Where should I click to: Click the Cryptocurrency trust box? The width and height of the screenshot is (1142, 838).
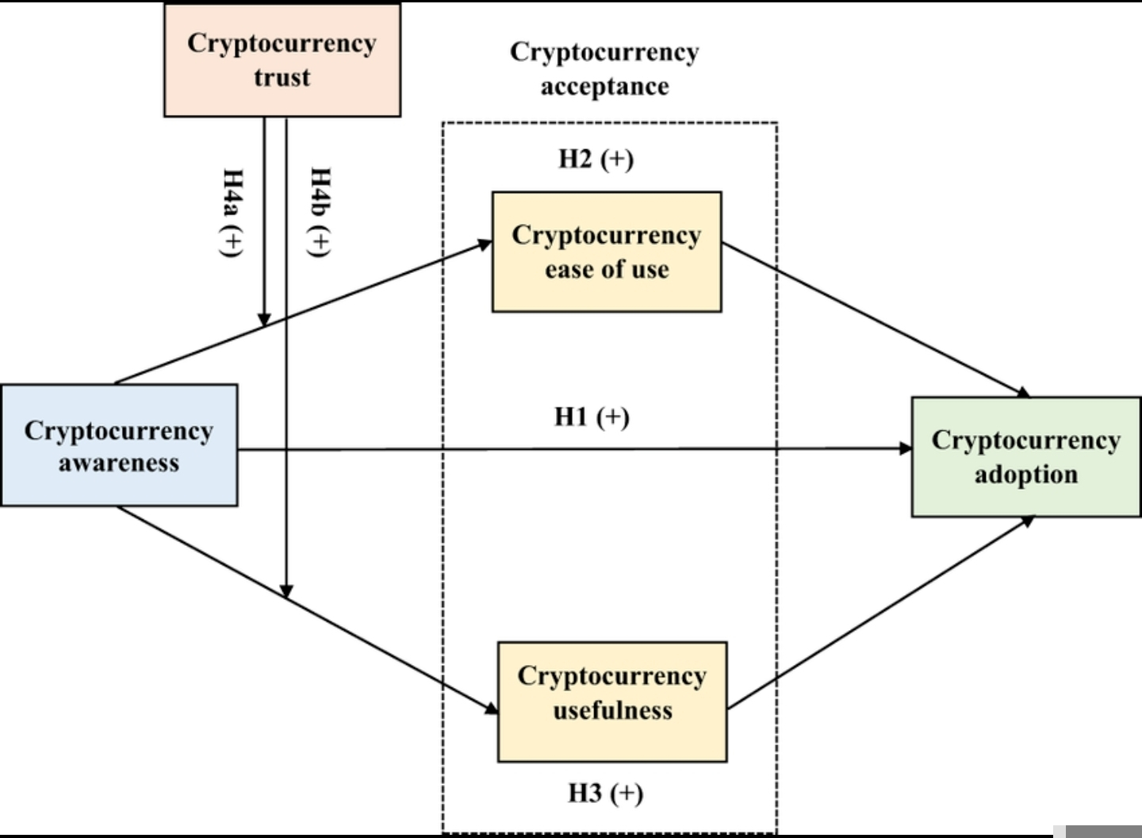click(282, 60)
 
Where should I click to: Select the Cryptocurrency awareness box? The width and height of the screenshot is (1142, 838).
click(119, 445)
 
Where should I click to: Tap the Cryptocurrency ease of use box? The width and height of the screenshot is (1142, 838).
click(607, 252)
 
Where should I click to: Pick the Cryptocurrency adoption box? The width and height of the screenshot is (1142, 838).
click(1026, 457)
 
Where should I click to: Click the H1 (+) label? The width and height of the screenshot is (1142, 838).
click(592, 417)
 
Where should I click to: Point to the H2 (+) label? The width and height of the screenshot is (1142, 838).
click(596, 159)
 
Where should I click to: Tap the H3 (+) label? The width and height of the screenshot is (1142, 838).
click(606, 793)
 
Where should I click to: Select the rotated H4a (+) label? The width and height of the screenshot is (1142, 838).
click(232, 212)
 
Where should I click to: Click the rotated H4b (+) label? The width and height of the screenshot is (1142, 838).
click(319, 212)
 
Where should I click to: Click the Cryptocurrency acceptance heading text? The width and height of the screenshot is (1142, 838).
click(604, 68)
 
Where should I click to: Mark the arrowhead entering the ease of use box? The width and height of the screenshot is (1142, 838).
click(485, 244)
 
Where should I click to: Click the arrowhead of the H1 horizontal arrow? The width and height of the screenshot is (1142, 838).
click(905, 448)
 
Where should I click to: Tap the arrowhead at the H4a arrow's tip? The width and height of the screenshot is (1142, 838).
click(264, 319)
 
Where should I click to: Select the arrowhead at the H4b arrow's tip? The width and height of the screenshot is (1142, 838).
click(286, 591)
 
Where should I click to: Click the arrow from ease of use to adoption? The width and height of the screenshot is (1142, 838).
click(872, 318)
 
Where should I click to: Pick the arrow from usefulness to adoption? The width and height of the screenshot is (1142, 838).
click(880, 613)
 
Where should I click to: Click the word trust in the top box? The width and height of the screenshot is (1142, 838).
click(282, 78)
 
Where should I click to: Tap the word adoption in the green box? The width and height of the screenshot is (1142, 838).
click(1026, 475)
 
